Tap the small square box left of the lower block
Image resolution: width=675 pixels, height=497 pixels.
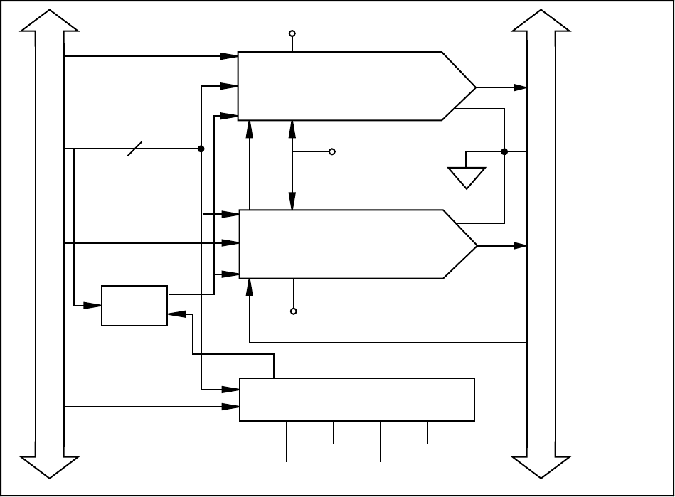(x=134, y=306)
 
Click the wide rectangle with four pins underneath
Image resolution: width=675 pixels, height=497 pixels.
(x=356, y=400)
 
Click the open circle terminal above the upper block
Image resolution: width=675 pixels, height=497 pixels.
(x=292, y=33)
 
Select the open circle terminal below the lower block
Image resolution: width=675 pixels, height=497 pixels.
(x=292, y=311)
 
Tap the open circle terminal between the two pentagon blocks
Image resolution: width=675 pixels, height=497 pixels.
(x=331, y=152)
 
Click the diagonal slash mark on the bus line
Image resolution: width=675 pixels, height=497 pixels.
(x=135, y=149)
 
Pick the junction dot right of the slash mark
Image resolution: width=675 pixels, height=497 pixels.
(x=201, y=149)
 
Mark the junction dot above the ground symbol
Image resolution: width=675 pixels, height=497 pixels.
(x=504, y=151)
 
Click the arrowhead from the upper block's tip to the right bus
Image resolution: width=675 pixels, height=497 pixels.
(x=521, y=87)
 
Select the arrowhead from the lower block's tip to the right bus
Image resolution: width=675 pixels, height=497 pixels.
(x=521, y=245)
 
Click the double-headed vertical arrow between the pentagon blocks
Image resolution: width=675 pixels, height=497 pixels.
(x=292, y=165)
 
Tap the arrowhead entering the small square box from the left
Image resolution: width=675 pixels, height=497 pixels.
(x=94, y=306)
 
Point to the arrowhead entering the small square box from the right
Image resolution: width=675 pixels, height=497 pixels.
(x=176, y=314)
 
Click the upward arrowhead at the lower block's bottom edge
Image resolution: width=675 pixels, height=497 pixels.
(x=250, y=286)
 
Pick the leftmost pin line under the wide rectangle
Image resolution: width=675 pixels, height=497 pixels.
(x=287, y=442)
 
